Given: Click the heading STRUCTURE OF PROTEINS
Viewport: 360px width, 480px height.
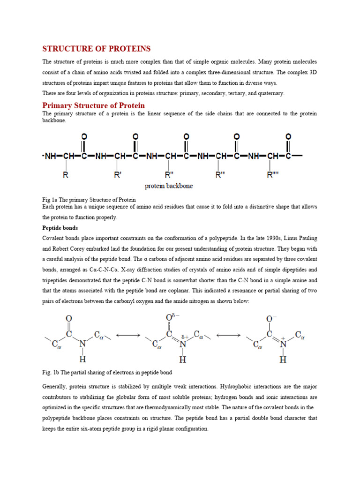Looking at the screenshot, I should (x=97, y=49).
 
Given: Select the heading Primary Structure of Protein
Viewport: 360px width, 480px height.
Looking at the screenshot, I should (x=94, y=105).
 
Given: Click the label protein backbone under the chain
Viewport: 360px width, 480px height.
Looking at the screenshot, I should (x=169, y=186).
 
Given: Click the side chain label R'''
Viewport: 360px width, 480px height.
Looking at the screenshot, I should (x=220, y=176).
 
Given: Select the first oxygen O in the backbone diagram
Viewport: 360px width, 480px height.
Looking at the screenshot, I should (x=84, y=136).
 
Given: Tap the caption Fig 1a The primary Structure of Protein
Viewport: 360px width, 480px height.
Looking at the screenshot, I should (x=89, y=200).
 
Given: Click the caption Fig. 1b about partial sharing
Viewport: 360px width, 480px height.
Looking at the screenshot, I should (x=107, y=372).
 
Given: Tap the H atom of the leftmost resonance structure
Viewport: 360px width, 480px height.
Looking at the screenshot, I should (x=83, y=360).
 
